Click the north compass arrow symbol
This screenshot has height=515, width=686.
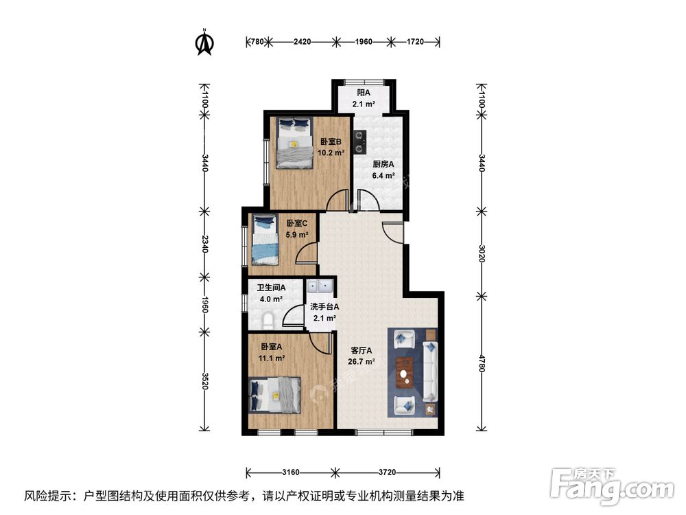tap(204, 43)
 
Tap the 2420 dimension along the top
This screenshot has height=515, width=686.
tap(303, 42)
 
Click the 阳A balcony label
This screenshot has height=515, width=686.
tap(364, 93)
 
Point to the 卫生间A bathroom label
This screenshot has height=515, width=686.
tap(271, 288)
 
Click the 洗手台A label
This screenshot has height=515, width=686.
tap(324, 307)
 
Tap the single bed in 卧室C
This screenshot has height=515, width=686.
tap(264, 240)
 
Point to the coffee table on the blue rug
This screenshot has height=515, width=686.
tap(405, 371)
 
